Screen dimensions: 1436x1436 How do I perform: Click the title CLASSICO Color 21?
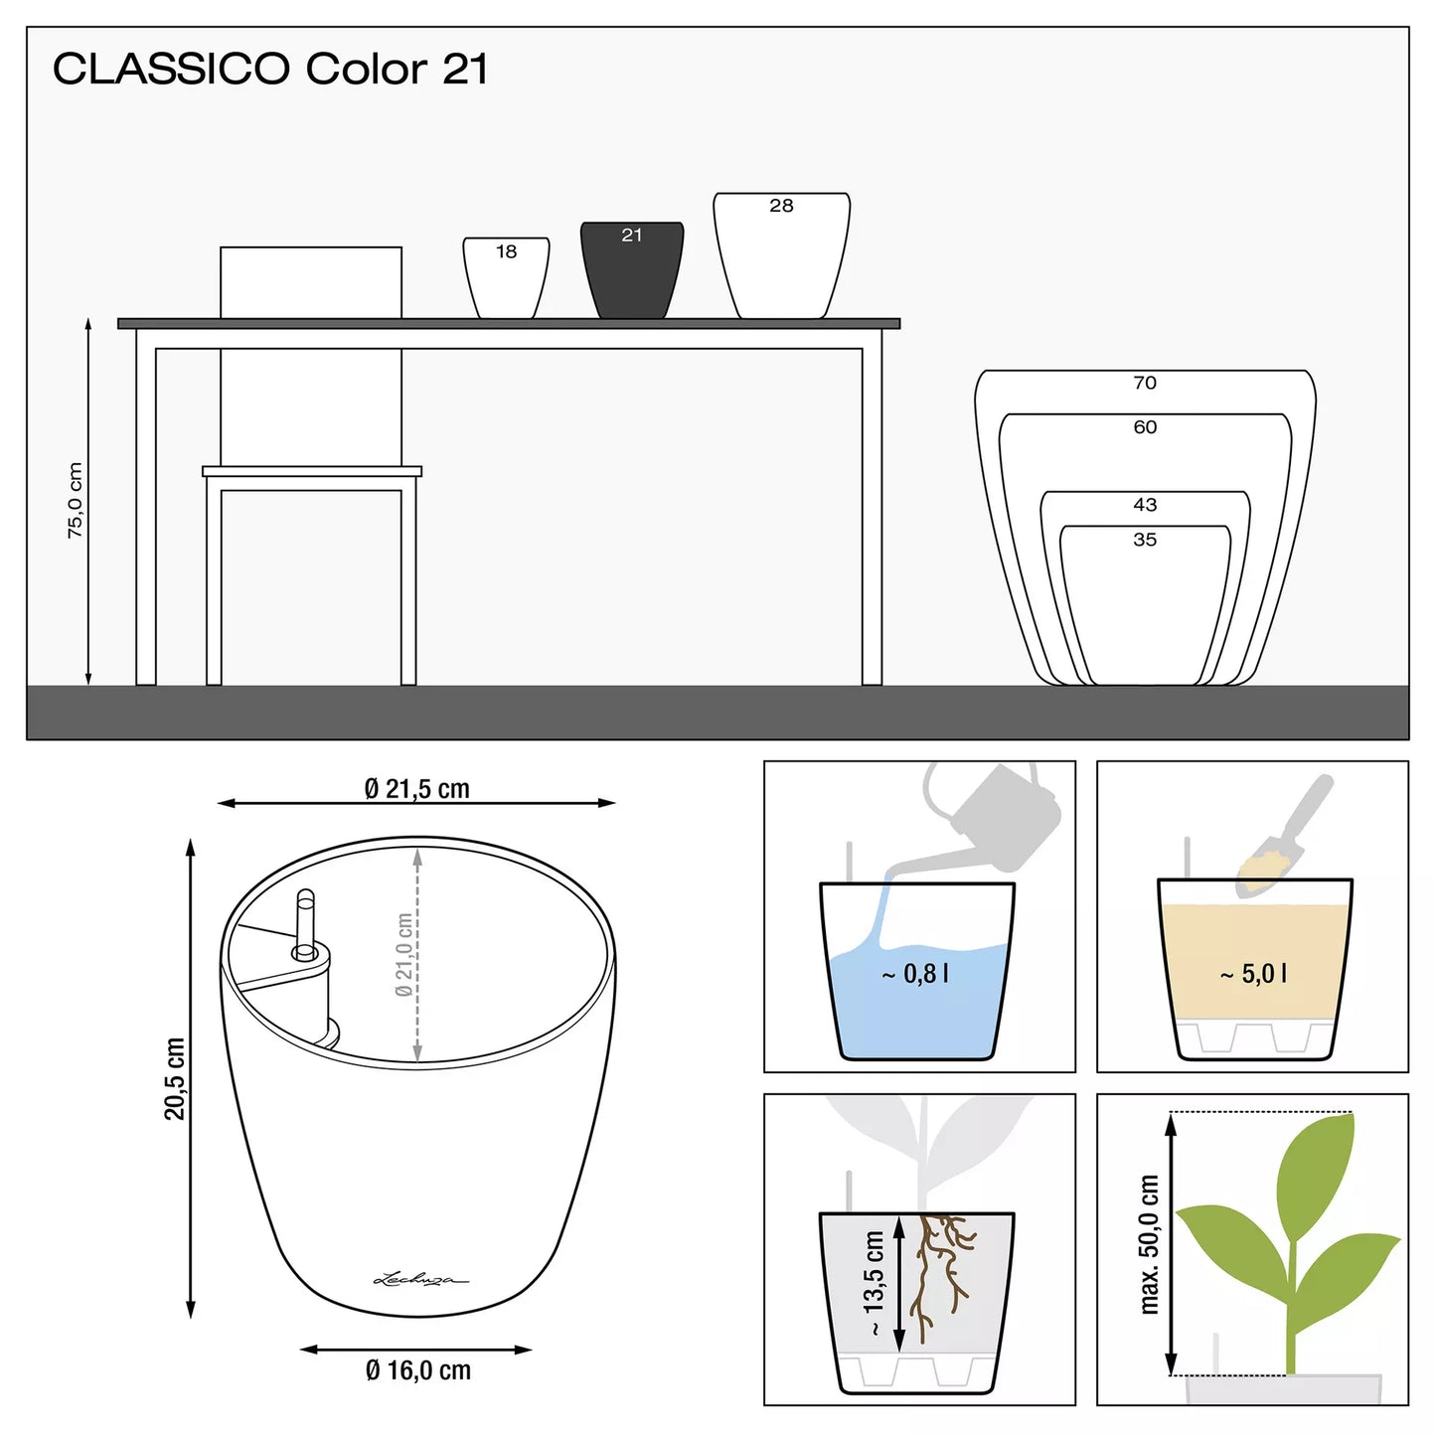point(270,69)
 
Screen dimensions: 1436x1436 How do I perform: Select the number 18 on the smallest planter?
point(506,251)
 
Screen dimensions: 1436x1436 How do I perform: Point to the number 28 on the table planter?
point(781,206)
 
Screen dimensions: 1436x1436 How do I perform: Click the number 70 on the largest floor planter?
point(1145,383)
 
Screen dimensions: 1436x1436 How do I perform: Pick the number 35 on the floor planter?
point(1145,540)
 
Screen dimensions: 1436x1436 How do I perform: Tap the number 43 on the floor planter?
point(1145,505)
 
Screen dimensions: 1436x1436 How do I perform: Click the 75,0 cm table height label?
point(76,500)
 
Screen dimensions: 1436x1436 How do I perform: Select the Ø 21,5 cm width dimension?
point(417,788)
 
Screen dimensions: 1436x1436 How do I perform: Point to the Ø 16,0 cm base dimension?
point(418,1369)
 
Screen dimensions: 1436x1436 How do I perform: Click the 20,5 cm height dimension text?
point(174,1078)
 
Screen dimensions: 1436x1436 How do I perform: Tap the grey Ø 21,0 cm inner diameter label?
point(403,954)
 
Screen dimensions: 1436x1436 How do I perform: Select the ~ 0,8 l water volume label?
point(915,973)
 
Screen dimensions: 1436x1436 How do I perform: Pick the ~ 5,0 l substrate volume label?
point(1253,973)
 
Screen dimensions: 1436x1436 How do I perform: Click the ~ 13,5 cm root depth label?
point(874,1283)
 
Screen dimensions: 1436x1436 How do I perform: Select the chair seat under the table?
point(311,471)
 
